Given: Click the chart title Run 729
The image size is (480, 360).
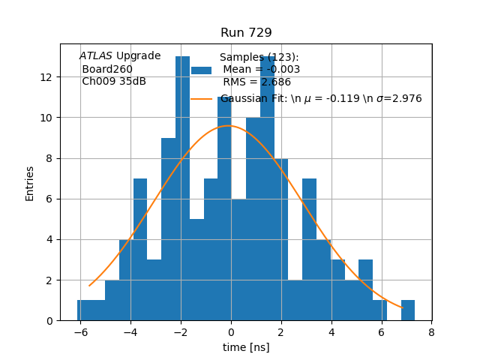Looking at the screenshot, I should [x=246, y=33].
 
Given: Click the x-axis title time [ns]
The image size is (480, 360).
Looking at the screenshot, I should [x=246, y=347].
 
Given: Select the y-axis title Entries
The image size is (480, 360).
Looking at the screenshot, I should [x=30, y=183].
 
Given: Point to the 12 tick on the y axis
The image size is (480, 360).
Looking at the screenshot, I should [x=46, y=77].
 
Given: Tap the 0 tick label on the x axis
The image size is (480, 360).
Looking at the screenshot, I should [x=231, y=332].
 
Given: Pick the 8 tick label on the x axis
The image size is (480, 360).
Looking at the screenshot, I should [x=431, y=332].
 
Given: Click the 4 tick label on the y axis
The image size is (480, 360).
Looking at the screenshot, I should [x=49, y=239].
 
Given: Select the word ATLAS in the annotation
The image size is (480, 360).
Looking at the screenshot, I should [x=96, y=56].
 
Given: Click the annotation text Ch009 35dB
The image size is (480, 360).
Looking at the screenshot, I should [x=114, y=82].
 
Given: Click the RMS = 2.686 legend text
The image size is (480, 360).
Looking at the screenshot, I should [x=256, y=82].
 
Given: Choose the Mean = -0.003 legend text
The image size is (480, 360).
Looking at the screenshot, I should [x=261, y=70].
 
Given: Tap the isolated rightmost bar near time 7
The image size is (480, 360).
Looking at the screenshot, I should [x=408, y=310].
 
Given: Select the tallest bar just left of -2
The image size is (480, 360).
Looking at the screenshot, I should [x=182, y=187].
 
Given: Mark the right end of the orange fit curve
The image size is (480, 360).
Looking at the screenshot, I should [x=402, y=307].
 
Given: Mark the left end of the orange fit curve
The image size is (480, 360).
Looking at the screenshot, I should [x=89, y=285].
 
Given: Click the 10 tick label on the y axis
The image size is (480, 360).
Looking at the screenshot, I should [x=46, y=118].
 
